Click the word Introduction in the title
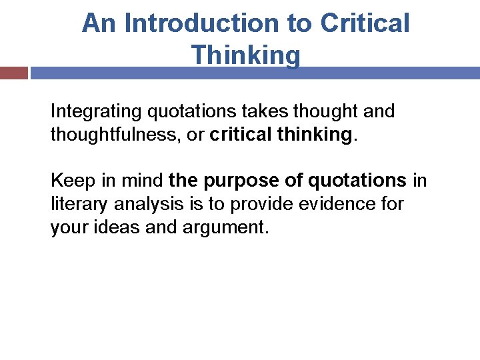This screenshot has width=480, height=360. pyautogui.click(x=198, y=24)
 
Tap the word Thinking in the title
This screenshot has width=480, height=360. pyautogui.click(x=245, y=55)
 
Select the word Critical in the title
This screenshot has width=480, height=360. pyautogui.click(x=365, y=24)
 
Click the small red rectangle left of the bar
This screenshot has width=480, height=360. pyautogui.click(x=13, y=73)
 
